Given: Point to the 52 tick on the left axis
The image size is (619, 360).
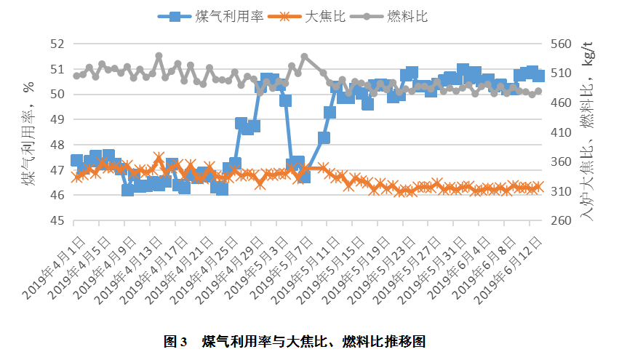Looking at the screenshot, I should click(x=57, y=44).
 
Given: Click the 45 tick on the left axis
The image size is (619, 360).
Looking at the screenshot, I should click(x=57, y=220).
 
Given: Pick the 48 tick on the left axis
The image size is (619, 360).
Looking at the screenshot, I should click(x=57, y=145).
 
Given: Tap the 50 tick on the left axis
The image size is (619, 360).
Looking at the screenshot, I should click(x=57, y=95).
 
